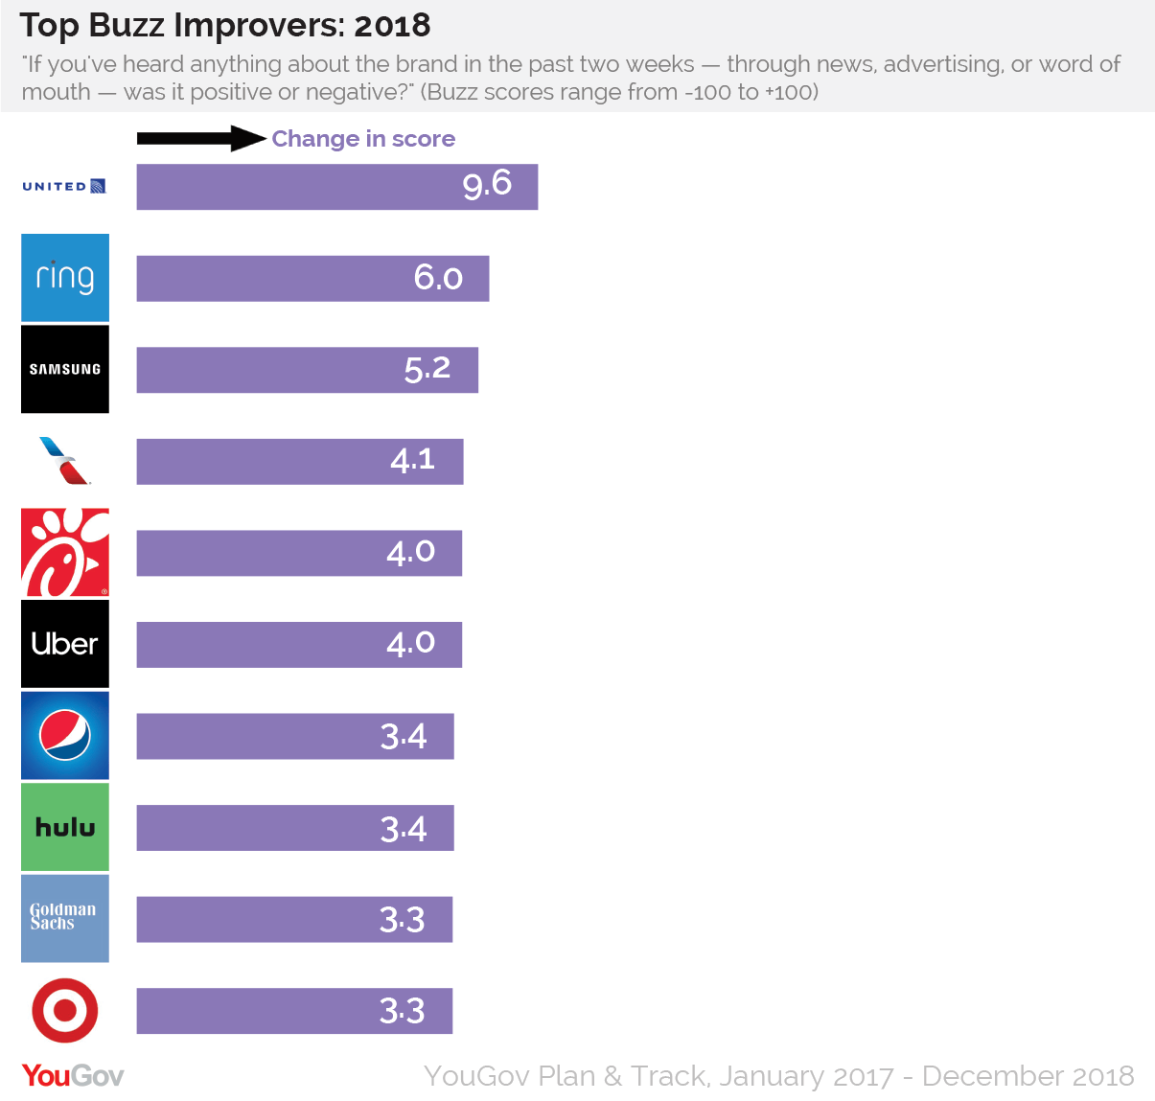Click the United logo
click(64, 186)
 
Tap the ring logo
click(65, 277)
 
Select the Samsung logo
click(65, 369)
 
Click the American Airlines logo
click(65, 461)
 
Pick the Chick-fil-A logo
click(65, 552)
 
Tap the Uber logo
click(65, 644)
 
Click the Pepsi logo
click(65, 735)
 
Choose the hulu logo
click(65, 827)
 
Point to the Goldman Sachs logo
click(65, 918)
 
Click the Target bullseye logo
click(65, 1010)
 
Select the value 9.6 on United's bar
click(487, 184)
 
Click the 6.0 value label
click(438, 278)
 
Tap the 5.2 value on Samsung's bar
click(427, 369)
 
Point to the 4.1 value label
click(412, 461)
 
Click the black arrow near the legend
click(200, 138)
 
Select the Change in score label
click(363, 139)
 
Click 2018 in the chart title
click(392, 26)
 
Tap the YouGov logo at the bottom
click(73, 1075)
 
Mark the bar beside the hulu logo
click(294, 828)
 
